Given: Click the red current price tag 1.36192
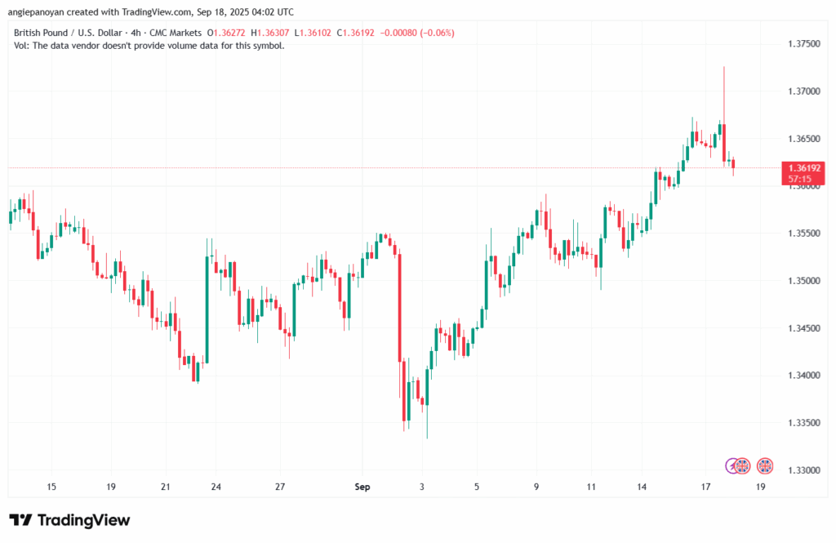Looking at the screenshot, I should click(x=805, y=167).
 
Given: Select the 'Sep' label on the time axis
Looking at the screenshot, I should click(x=362, y=487).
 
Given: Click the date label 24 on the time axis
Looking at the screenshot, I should click(x=216, y=487).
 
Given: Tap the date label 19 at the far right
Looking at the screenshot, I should click(x=760, y=487).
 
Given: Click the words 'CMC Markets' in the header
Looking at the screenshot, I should click(x=176, y=33).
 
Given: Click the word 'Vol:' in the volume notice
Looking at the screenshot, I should click(x=23, y=46).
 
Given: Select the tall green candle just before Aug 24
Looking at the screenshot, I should click(x=207, y=310).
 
